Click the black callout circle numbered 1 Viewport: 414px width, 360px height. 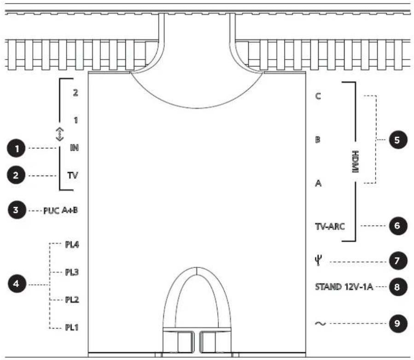[17, 148]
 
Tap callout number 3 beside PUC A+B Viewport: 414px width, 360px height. [17, 210]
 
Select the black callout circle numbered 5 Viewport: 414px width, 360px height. [398, 140]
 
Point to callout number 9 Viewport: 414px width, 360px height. [398, 324]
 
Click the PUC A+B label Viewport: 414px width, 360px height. [60, 210]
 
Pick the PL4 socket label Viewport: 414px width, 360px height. [72, 244]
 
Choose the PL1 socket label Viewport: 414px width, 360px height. [72, 328]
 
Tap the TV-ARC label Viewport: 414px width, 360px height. [330, 226]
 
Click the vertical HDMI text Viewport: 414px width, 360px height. [356, 161]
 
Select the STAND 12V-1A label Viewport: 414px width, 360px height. [344, 287]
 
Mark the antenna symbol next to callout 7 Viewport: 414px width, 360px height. [318, 261]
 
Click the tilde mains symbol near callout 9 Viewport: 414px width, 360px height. [320, 324]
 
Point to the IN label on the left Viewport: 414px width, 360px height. [74, 148]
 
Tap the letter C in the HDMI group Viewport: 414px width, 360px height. [318, 96]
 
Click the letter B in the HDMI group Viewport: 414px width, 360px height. [318, 140]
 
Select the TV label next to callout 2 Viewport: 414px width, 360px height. [73, 175]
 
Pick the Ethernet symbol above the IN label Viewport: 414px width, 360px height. [60, 134]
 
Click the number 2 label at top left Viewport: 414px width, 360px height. [76, 93]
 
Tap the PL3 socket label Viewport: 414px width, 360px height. [72, 272]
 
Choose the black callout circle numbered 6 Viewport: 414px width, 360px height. [398, 226]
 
